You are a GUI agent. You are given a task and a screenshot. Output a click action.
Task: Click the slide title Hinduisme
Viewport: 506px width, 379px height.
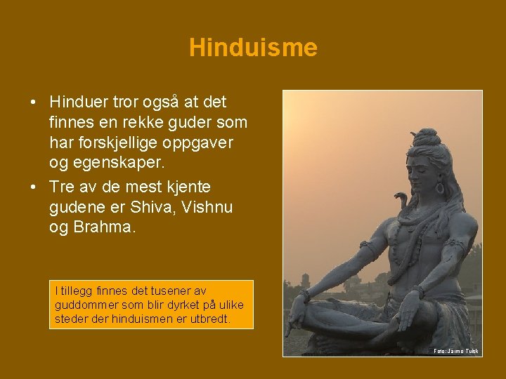click(253, 48)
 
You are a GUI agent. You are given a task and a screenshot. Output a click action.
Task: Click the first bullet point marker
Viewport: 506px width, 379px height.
click(34, 103)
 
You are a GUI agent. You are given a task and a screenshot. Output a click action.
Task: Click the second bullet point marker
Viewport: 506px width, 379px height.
click(34, 188)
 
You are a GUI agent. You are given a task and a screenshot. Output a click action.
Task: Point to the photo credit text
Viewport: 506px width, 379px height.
click(455, 350)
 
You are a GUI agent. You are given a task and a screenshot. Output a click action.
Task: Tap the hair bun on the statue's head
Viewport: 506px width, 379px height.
click(427, 134)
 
